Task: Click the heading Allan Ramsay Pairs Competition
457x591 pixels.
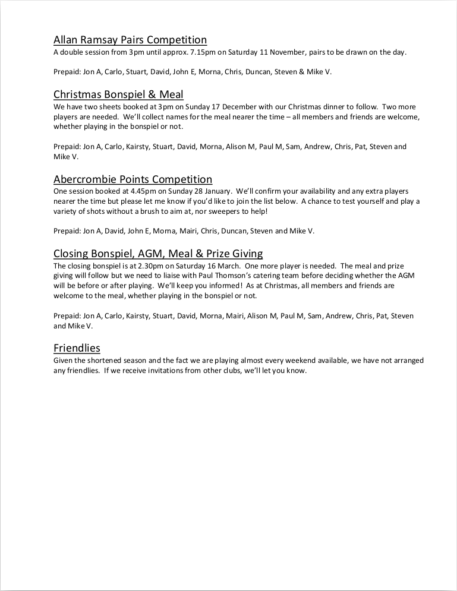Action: coord(130,40)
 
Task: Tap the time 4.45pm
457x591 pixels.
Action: coord(122,191)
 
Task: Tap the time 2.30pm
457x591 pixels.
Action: coord(128,266)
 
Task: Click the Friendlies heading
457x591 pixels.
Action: coord(77,348)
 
